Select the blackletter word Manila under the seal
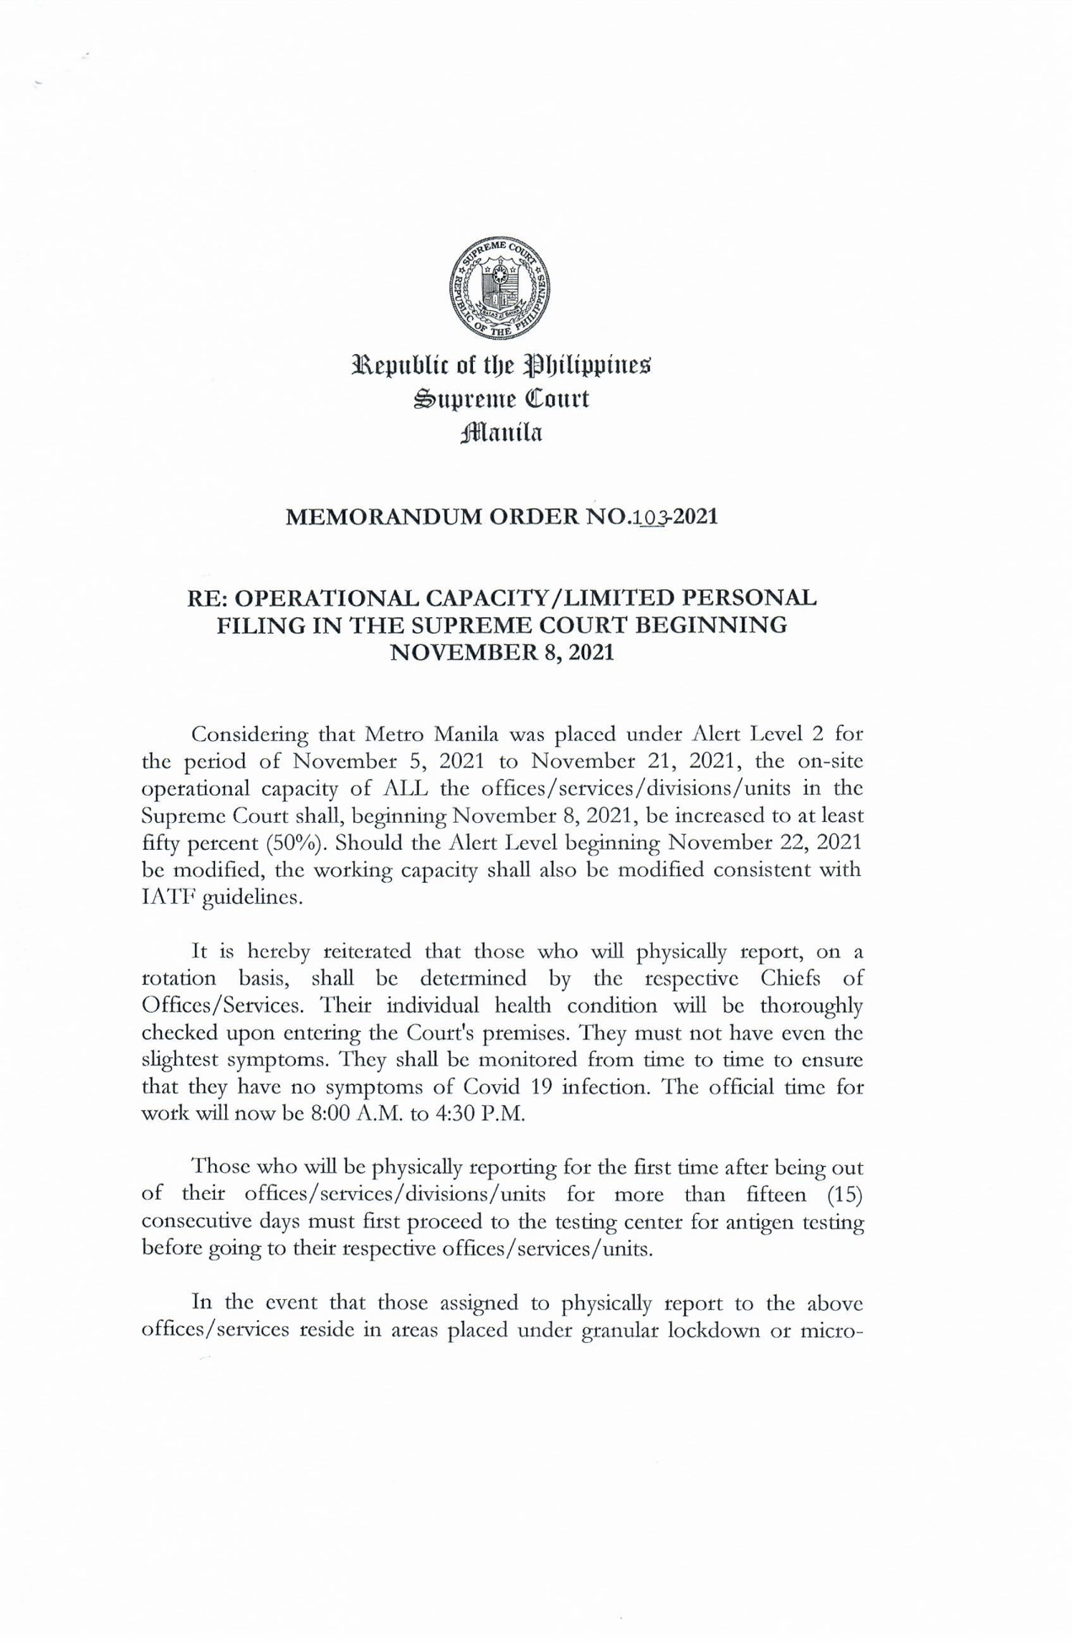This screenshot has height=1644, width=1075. (503, 433)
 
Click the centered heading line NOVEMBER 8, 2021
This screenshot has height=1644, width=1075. (503, 653)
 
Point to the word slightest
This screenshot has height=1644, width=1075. (180, 1060)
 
